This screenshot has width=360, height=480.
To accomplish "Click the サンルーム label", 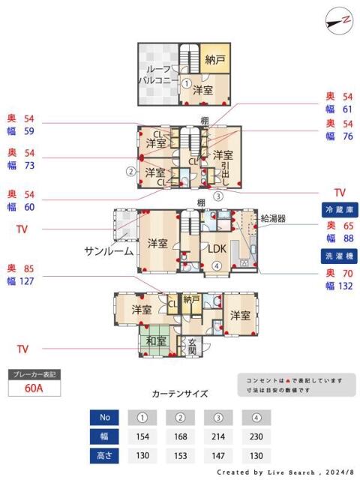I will click(x=109, y=250).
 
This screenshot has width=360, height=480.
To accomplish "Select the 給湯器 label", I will click(x=273, y=218).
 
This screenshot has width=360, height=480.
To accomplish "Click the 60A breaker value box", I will click(x=33, y=388).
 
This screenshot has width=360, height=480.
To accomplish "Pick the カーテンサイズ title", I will click(x=180, y=393).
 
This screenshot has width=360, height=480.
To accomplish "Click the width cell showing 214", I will click(x=218, y=436).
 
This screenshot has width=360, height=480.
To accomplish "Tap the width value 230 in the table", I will click(x=256, y=436).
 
